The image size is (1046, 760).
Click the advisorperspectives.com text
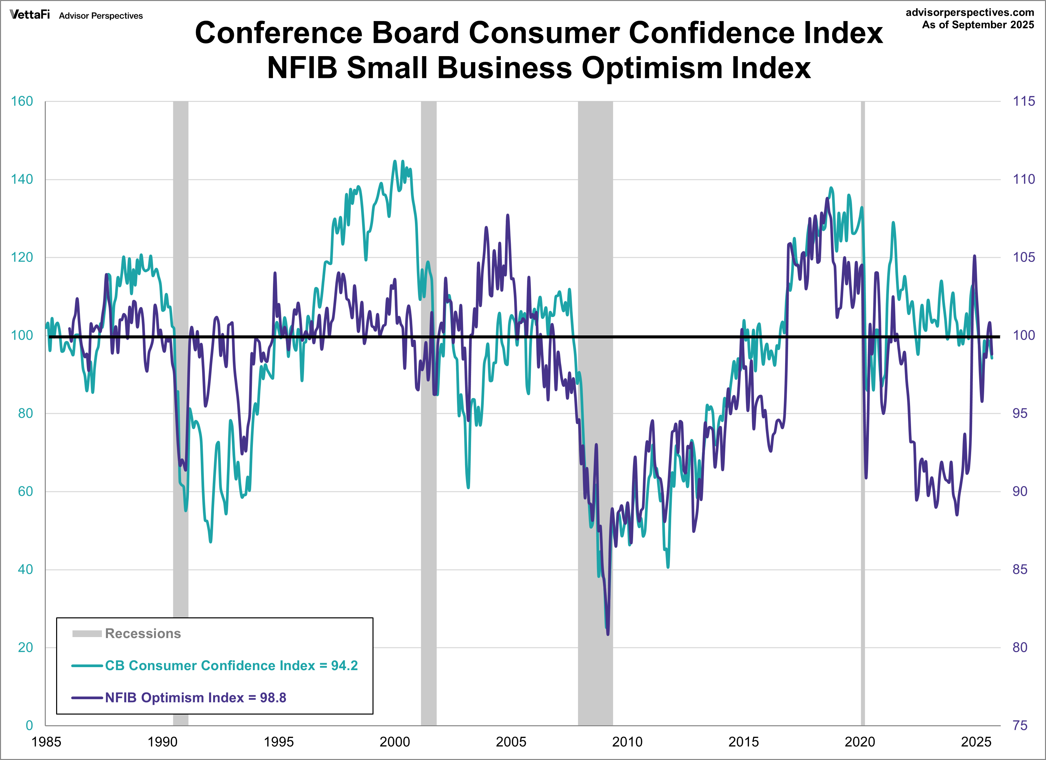[969, 12]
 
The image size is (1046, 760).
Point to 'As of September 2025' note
[978, 25]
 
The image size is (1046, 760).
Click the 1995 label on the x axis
[279, 742]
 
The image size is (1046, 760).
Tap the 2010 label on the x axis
[627, 742]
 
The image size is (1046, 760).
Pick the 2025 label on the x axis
[976, 742]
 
